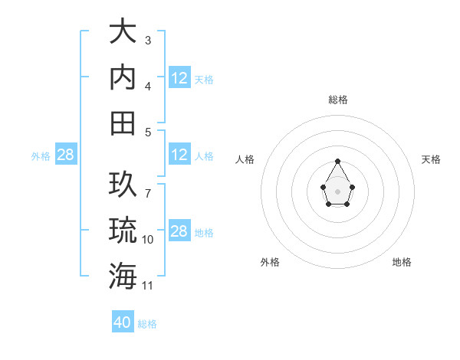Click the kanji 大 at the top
[x=123, y=32]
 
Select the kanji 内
[x=123, y=77]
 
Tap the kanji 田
[x=123, y=123]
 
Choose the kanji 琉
[x=123, y=230]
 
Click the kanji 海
[x=123, y=275]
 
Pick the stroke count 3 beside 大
[x=147, y=40]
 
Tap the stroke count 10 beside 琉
[x=147, y=240]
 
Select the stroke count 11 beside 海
[x=147, y=285]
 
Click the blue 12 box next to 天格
[x=179, y=78]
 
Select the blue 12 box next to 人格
[x=179, y=155]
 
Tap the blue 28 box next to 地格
[x=179, y=231]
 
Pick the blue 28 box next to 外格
[x=65, y=155]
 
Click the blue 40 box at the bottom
[x=123, y=322]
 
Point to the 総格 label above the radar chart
[x=338, y=100]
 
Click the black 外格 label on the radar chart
[x=270, y=262]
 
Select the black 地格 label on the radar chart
[x=402, y=262]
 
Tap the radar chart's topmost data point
[x=337, y=161]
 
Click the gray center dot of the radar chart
[x=337, y=190]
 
